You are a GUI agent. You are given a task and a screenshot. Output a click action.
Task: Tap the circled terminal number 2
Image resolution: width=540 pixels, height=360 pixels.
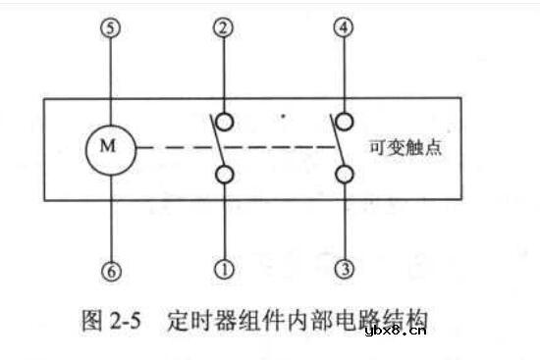coord(225,29)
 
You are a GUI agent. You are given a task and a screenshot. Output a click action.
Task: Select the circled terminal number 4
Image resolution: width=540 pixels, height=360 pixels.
coord(343,29)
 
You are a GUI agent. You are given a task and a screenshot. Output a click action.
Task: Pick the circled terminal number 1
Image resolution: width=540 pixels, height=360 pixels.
coord(225,264)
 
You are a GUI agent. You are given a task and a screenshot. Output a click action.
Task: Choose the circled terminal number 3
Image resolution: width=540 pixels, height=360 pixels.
coord(343,264)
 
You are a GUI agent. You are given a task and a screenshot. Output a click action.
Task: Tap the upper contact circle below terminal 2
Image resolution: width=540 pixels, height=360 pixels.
coord(225,122)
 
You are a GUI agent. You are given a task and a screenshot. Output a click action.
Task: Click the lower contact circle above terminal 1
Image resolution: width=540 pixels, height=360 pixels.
coord(225,175)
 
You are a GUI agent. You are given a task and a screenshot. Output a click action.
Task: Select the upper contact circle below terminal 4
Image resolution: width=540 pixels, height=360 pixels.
coord(343,122)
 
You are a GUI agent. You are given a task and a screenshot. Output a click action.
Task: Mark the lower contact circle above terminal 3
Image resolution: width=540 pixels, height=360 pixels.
coord(343,175)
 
